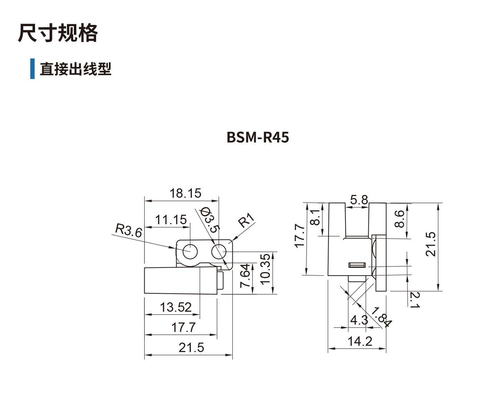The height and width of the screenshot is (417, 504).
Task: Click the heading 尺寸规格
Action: click(x=58, y=33)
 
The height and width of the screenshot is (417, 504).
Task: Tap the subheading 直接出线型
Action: click(x=75, y=69)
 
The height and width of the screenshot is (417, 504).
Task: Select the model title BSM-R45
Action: click(x=257, y=137)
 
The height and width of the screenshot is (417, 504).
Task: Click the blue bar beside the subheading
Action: click(x=32, y=69)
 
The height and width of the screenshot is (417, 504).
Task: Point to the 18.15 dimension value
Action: click(x=185, y=193)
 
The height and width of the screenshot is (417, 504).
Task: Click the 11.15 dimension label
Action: click(x=170, y=220)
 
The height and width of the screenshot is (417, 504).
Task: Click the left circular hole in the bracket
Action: click(x=190, y=251)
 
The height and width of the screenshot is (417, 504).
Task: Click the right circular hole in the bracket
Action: click(x=219, y=251)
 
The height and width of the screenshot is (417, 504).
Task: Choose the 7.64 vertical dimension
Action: click(x=245, y=275)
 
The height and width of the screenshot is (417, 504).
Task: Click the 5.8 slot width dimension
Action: click(x=359, y=200)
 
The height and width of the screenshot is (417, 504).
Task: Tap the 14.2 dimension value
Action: click(x=359, y=341)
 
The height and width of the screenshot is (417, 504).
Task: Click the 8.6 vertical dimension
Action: click(x=400, y=219)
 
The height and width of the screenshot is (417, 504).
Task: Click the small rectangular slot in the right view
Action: click(x=357, y=265)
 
